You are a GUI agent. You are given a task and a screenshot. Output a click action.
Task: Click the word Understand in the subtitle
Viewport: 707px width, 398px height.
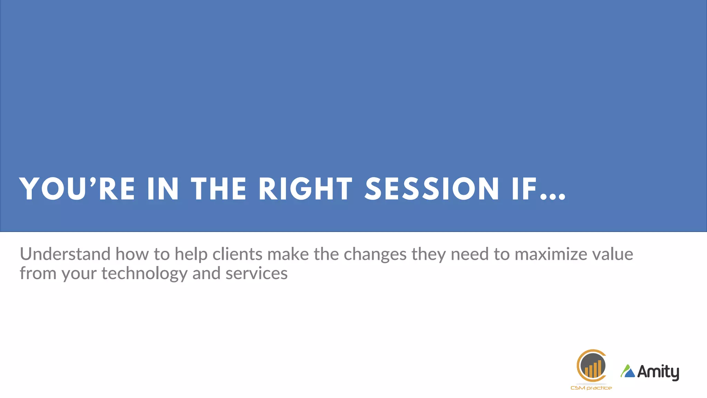click(x=65, y=254)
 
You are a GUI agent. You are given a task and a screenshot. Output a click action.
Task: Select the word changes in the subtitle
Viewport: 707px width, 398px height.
click(x=375, y=255)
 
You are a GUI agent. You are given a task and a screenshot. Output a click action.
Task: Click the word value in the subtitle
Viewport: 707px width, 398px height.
click(x=613, y=254)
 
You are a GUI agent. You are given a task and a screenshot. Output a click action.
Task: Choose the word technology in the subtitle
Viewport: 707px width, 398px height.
click(x=144, y=274)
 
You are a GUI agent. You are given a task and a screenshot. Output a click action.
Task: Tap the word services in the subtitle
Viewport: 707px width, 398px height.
click(x=256, y=273)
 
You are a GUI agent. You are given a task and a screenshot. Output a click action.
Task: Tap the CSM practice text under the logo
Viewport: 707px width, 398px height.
click(x=591, y=388)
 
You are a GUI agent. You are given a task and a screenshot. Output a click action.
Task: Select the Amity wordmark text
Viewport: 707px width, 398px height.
click(x=658, y=372)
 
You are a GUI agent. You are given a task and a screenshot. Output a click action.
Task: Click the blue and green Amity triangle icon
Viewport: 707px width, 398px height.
click(x=628, y=371)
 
